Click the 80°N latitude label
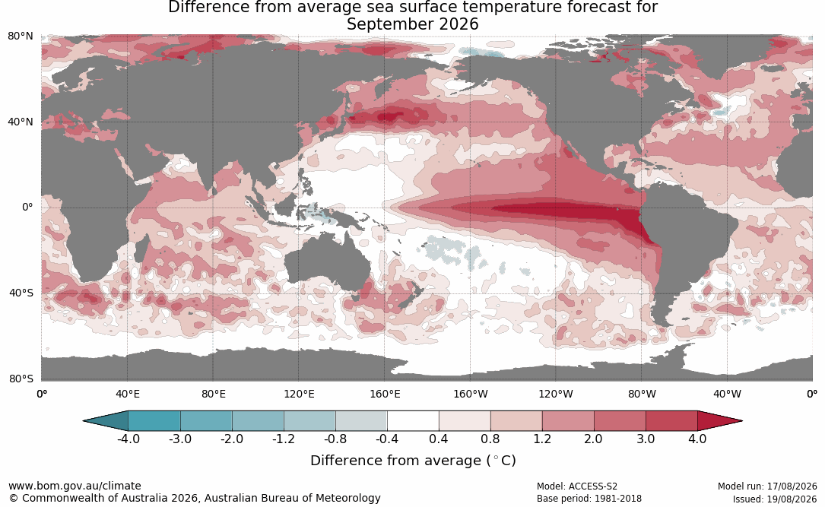pos(20,36)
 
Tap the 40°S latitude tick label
pos(21,293)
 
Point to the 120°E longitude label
pos(299,394)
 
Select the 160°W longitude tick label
pos(471,394)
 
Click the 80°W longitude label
pos(642,394)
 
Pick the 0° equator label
pos(27,208)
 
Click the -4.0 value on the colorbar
pos(128,439)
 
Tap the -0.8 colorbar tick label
pos(335,439)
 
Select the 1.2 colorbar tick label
pos(542,439)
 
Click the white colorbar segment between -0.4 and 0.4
pos(413,421)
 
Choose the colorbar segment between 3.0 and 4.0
pos(671,421)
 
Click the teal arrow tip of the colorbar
pos(84,421)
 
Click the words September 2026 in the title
pos(412,24)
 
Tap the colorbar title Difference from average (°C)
pos(413,461)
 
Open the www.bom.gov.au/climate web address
pos(75,486)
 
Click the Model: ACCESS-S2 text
pos(577,486)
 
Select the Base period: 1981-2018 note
pos(589,499)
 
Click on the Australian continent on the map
pos(326,263)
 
